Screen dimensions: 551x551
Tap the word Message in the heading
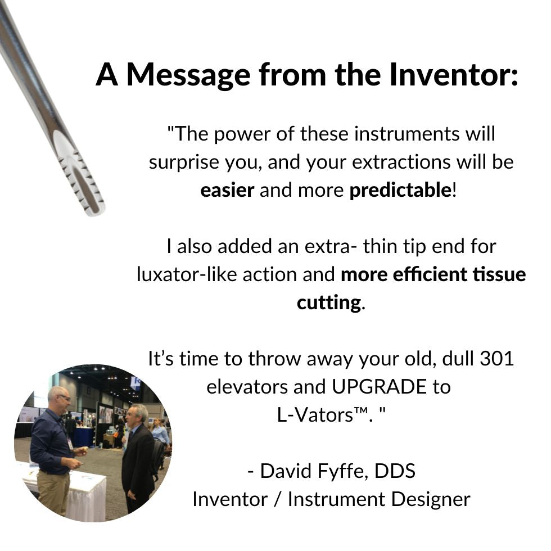coord(188,75)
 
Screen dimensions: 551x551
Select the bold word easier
coord(227,190)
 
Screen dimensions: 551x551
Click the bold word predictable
coord(400,190)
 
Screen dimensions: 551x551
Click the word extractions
coord(401,162)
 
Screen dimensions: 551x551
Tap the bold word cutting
coord(329,303)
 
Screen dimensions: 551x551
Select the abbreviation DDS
coord(395,471)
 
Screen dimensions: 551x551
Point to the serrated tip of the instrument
coord(84,183)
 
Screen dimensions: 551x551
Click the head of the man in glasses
coord(59,398)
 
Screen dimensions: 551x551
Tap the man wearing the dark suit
coord(138,457)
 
